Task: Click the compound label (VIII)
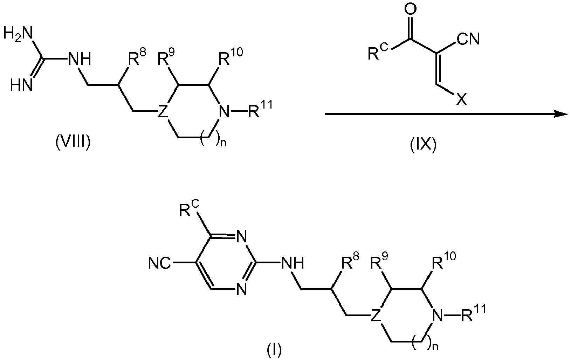73,143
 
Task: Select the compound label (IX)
423,146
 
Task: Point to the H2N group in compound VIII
18,34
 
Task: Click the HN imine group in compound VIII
21,85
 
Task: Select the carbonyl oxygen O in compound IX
410,9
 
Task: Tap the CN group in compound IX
468,40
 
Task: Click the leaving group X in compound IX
461,99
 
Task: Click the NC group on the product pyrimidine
160,263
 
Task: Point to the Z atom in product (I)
375,315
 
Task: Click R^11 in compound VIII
260,109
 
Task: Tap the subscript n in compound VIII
223,144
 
